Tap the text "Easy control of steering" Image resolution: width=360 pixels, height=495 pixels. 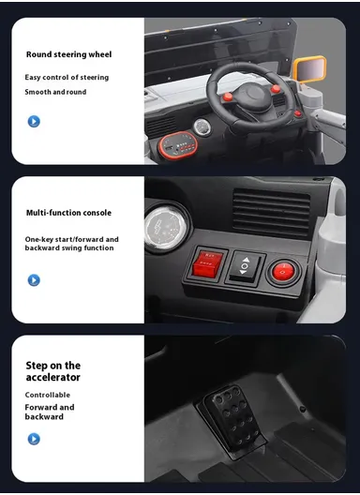click(x=67, y=78)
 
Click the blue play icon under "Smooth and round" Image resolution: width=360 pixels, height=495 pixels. click(x=34, y=121)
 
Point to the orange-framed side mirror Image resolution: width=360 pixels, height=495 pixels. click(x=310, y=69)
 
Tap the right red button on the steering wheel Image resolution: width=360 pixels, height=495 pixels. click(x=276, y=90)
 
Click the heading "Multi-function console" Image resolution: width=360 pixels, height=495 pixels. click(x=68, y=213)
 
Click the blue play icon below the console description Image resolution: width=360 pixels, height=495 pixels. click(x=34, y=279)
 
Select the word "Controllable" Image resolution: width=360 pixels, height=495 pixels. click(x=48, y=395)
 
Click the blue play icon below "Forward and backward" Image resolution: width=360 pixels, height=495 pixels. click(x=34, y=438)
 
